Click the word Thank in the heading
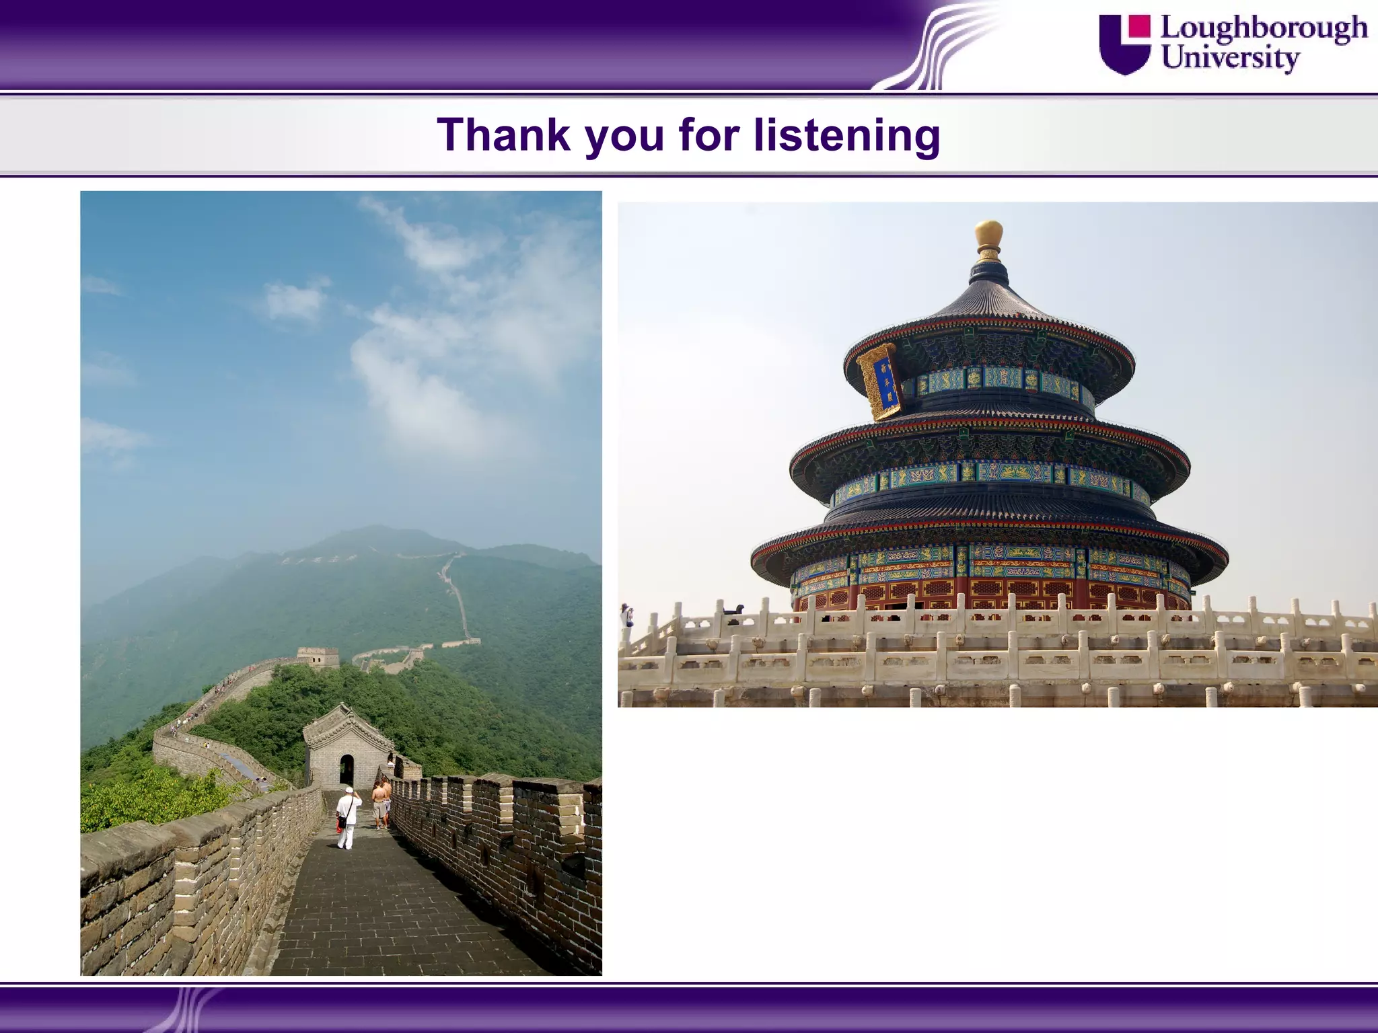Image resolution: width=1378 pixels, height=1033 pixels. coord(503,135)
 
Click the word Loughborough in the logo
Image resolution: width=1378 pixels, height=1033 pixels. coord(1264,28)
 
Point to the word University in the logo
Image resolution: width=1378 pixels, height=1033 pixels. coord(1230,58)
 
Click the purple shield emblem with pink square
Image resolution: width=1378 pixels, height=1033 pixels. coord(1124,44)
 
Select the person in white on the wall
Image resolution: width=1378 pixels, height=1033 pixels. coord(347,818)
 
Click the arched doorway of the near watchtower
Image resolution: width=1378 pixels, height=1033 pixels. coord(347,771)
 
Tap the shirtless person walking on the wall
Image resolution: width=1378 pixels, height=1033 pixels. coord(381,804)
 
